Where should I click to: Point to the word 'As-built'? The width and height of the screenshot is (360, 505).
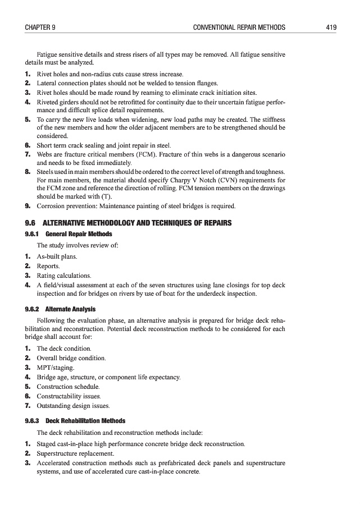(49, 256)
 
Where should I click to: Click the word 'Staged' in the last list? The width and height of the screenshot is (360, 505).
(47, 444)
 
